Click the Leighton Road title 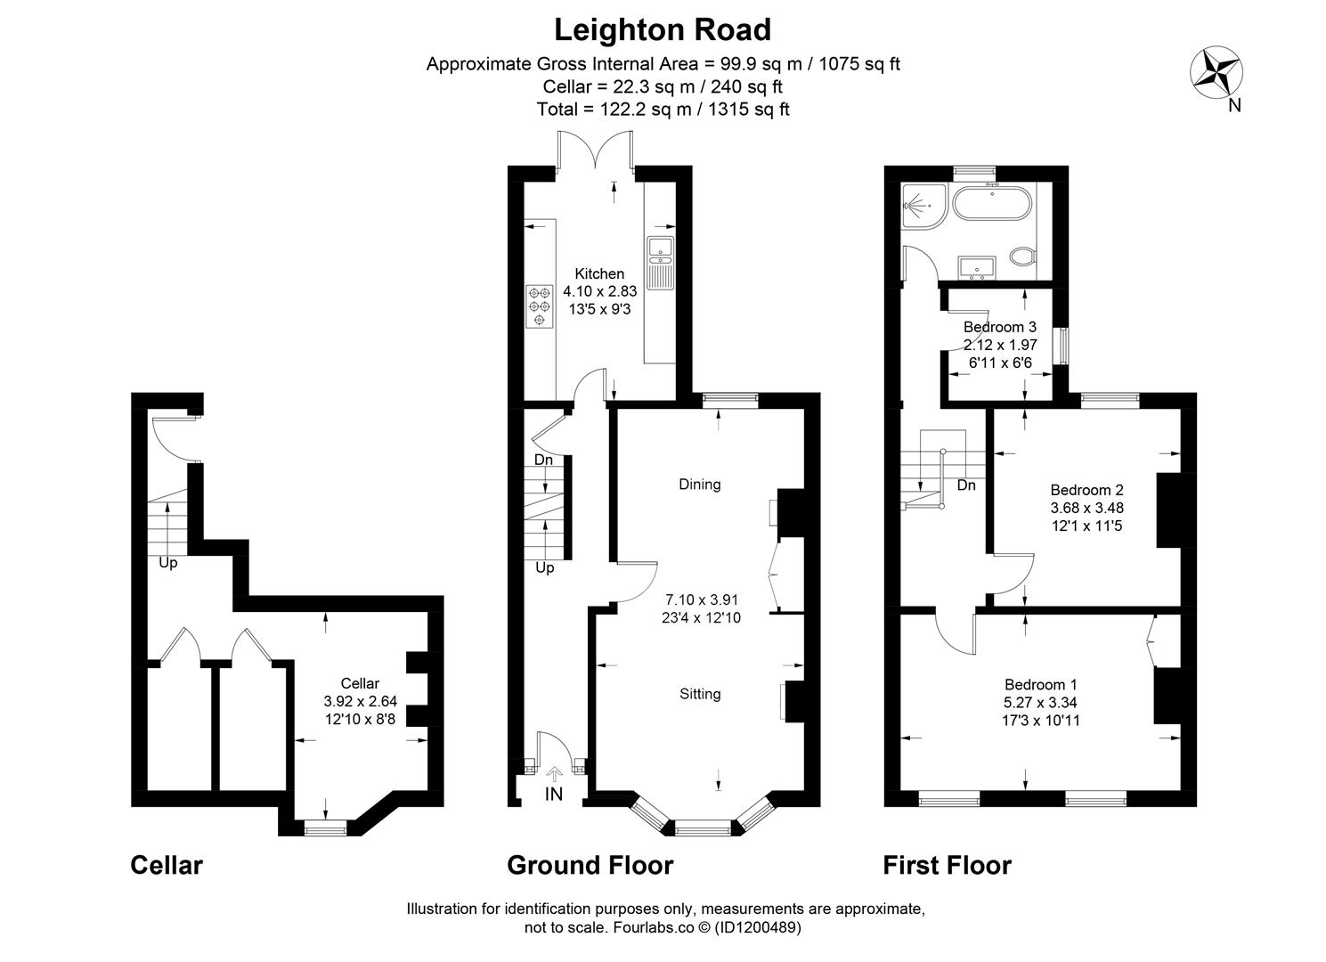tap(663, 30)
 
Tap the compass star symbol tap(1216, 72)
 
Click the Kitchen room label tap(599, 273)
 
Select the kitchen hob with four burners tap(540, 306)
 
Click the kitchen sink tap(660, 263)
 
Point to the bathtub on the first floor tap(992, 204)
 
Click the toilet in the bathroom tap(1022, 257)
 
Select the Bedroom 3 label tap(1000, 327)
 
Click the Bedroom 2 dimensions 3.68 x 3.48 tap(1086, 508)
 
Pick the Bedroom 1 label tap(1041, 684)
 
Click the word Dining tap(700, 485)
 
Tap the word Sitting tap(700, 694)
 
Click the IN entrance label tap(554, 794)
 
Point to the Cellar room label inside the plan tap(360, 683)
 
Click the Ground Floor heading tap(590, 865)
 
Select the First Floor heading tap(948, 865)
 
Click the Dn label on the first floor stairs tap(966, 485)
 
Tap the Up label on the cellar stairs tap(168, 563)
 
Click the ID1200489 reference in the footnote tap(758, 927)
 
